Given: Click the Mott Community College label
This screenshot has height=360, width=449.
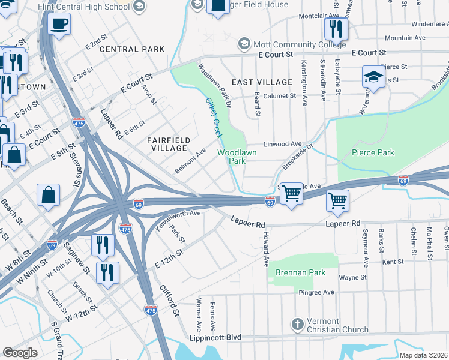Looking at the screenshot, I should [299, 44].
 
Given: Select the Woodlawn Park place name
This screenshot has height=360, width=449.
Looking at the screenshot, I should [237, 157].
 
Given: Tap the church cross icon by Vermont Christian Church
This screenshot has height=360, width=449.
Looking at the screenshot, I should [296, 325].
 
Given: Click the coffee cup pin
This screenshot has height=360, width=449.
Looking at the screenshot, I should [59, 25].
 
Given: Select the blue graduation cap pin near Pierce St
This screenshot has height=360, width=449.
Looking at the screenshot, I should [373, 77].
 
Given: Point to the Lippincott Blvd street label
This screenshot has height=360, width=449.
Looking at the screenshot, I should [217, 338].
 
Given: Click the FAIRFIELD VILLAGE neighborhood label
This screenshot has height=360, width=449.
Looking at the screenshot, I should [169, 144].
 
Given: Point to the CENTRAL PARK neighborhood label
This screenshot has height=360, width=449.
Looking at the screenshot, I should [124, 49].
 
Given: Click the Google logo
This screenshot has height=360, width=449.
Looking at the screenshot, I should [20, 352].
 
